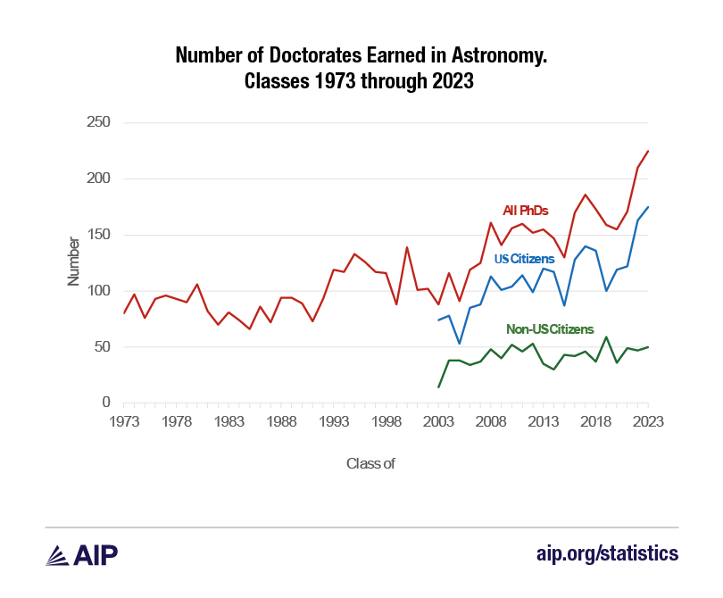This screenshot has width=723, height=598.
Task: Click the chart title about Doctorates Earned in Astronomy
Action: point(361,69)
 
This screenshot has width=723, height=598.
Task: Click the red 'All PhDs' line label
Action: point(525,211)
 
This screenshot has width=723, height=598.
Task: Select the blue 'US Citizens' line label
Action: point(523,260)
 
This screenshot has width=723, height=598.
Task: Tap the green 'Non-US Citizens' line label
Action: point(550,329)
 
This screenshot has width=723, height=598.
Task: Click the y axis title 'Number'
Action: point(74,263)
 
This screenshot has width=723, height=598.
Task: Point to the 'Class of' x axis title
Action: point(370,463)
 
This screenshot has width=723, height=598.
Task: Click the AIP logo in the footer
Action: point(82,554)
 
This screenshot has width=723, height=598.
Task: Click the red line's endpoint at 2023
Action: point(648,151)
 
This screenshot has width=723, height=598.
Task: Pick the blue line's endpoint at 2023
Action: point(648,207)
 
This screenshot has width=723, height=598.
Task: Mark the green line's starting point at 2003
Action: point(438,387)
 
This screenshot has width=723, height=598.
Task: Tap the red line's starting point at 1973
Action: point(124,313)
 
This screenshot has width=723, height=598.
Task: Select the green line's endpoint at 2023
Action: point(648,347)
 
